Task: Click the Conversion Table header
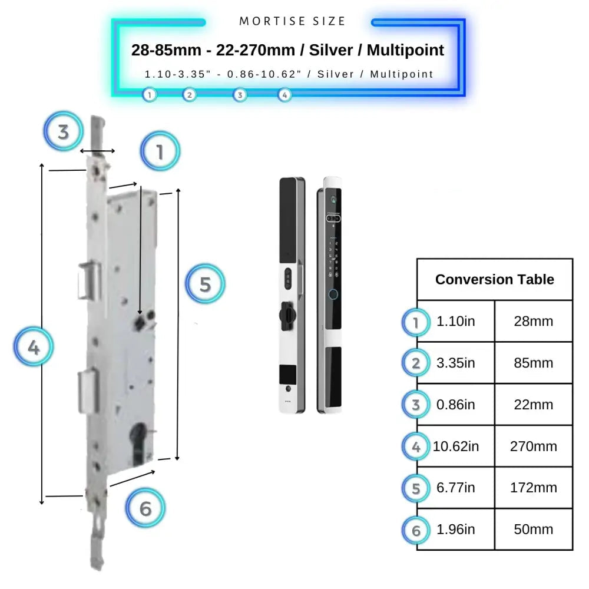tap(494, 279)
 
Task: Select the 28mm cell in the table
tap(533, 322)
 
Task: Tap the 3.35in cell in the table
tap(455, 363)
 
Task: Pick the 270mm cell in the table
tap(533, 446)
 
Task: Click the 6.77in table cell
tap(455, 488)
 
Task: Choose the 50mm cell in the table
tap(533, 529)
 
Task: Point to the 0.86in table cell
tap(455, 405)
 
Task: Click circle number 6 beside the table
tap(416, 530)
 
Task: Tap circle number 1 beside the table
tap(416, 322)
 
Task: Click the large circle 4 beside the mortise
tap(34, 348)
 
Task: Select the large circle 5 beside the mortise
tap(205, 284)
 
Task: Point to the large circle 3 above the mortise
tap(63, 131)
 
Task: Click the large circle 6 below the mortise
tap(145, 508)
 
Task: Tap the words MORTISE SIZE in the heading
tap(293, 21)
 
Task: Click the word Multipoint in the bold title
tap(405, 50)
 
